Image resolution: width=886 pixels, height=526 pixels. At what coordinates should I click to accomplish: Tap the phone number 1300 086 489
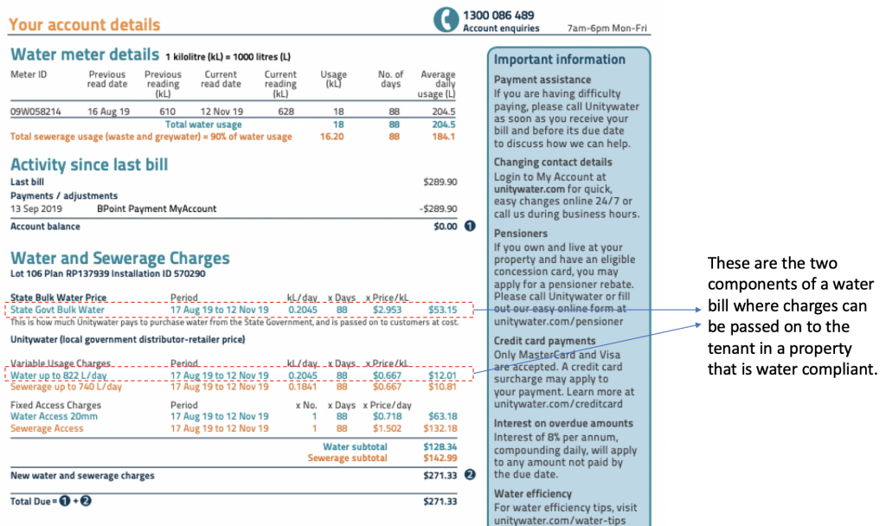point(498,15)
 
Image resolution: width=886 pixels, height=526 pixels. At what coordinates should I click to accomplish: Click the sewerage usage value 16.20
point(332,137)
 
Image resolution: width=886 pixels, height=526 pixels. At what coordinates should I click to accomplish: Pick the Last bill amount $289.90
point(440,183)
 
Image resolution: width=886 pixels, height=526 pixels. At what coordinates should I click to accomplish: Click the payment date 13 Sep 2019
point(33,208)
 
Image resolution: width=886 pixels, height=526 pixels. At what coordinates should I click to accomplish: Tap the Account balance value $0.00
point(444,227)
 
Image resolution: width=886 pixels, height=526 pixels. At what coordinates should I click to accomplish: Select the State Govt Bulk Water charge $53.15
point(443,310)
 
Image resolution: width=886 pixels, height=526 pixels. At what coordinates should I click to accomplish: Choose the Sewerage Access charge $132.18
point(440,428)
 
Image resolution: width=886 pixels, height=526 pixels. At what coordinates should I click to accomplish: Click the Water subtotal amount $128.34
point(440,446)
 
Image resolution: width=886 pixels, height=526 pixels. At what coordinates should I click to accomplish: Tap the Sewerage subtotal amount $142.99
point(440,458)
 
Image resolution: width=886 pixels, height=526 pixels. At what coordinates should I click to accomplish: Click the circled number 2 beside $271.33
point(470,475)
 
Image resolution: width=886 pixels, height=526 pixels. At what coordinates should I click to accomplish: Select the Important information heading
point(559,60)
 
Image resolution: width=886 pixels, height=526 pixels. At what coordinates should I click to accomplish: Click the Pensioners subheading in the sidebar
point(521,234)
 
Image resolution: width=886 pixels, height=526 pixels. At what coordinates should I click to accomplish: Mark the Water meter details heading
point(85,55)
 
